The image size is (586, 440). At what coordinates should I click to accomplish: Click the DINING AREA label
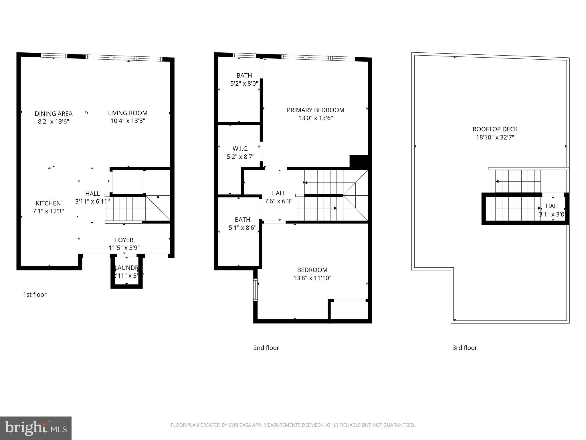54,114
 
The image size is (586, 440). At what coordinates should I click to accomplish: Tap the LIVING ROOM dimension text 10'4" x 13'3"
128,121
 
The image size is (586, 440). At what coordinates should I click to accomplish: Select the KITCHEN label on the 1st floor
48,203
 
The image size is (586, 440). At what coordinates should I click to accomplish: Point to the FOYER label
124,240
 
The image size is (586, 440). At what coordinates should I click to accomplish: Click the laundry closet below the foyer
126,272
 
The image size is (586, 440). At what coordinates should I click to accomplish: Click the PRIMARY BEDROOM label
315,110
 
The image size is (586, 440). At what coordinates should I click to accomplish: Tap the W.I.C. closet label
240,149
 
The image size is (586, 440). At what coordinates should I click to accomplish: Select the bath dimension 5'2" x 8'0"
244,84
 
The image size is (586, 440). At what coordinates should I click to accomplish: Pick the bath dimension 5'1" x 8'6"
242,228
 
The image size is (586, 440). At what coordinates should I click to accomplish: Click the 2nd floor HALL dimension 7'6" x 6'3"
278,201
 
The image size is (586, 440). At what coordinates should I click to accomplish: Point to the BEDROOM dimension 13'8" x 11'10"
312,278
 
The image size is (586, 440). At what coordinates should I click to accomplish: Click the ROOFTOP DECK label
495,129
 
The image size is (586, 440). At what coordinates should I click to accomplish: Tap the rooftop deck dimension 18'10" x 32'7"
495,137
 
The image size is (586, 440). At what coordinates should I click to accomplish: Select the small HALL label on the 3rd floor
553,206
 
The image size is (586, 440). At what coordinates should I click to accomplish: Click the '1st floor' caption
35,294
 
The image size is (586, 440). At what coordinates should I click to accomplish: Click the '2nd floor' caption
266,348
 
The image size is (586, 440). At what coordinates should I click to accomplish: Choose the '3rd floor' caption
464,348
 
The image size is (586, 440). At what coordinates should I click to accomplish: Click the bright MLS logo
36,428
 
